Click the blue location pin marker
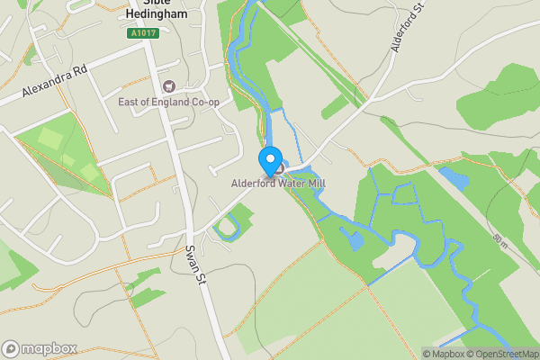point(269,160)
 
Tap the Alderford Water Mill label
point(278,184)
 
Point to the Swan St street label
point(191,265)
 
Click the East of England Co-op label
point(169,102)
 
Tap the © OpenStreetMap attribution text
point(501,353)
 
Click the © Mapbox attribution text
point(442,353)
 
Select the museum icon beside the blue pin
point(280,168)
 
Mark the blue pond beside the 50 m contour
point(454,178)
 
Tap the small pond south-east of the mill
point(355,239)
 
